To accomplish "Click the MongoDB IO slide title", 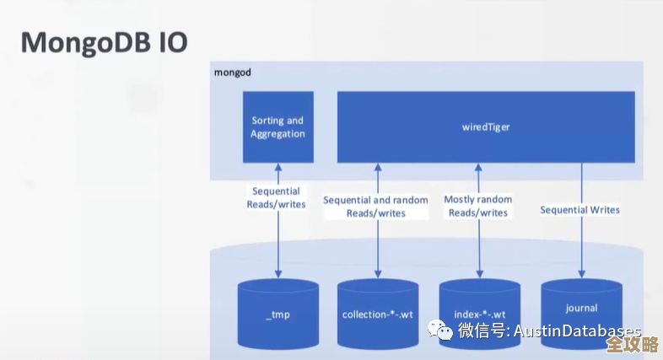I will point(104,42).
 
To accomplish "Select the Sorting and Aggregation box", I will point(278,127).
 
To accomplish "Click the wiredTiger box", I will point(486,127).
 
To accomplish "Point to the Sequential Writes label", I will point(579,210).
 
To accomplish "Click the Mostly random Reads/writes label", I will point(478,207).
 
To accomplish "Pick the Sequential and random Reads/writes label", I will point(375,207).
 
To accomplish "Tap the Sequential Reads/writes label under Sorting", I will point(276,198).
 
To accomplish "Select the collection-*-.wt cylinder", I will point(377,316).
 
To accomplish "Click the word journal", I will point(581,308).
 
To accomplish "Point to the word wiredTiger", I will point(486,127).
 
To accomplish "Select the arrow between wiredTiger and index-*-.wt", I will point(479,249).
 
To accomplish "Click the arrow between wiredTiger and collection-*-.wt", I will point(377,249).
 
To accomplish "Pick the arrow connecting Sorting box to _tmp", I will point(278,244).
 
